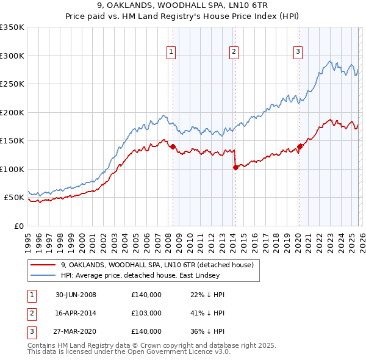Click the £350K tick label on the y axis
pos(12,27)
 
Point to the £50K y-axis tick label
pos(14,198)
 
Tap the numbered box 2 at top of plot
pos(234,52)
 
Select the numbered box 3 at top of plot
pos(298,52)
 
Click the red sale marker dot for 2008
pos(173,146)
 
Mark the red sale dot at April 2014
pos(235,167)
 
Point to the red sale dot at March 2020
pos(300,146)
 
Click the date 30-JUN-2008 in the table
pos(76,295)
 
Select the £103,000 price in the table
pos(146,313)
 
